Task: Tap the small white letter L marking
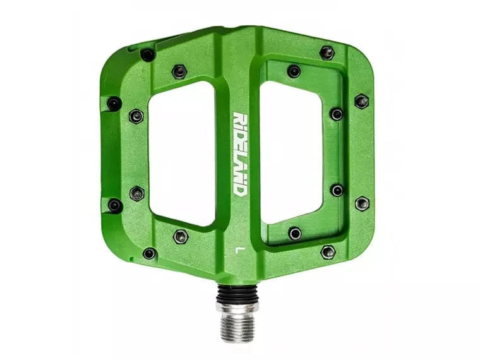(238, 249)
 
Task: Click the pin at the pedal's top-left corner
(148, 55)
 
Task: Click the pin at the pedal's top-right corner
(327, 52)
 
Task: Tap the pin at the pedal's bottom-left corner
(149, 253)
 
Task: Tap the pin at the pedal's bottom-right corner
(328, 252)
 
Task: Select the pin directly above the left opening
(180, 71)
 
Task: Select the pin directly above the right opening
(294, 71)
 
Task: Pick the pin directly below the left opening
(181, 236)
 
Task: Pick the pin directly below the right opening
(295, 233)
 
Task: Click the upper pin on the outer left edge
(114, 104)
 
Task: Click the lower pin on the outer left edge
(115, 205)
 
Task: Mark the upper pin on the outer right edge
(361, 101)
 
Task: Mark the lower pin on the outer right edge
(362, 203)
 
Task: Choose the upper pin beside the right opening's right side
(337, 114)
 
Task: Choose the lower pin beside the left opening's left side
(136, 193)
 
